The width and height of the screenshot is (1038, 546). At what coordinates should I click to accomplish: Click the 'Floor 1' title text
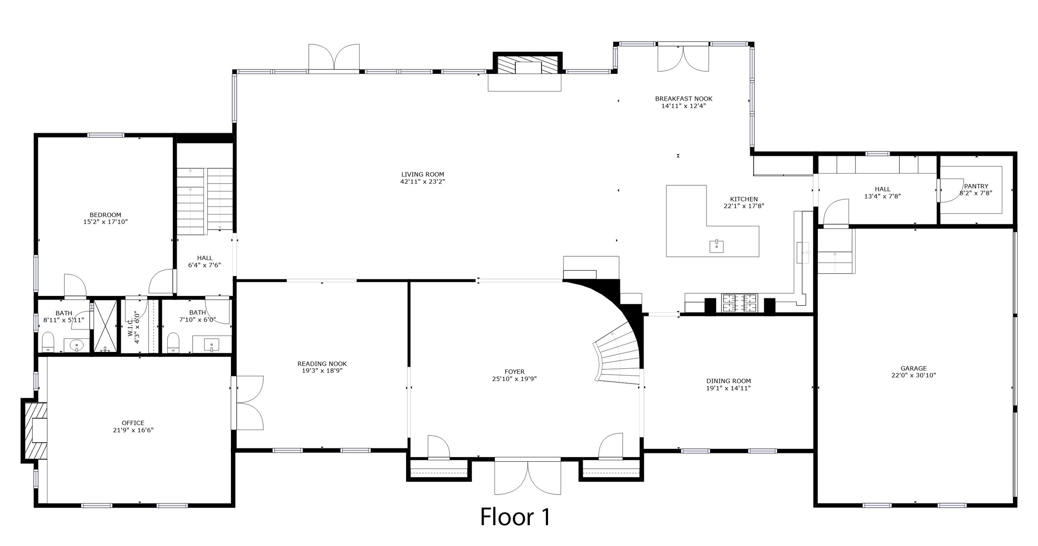[515, 517]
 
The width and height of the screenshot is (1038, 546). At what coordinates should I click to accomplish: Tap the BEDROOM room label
[105, 215]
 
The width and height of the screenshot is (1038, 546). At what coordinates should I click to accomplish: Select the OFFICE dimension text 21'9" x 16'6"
[133, 430]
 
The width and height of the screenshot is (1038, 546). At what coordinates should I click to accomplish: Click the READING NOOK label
[322, 364]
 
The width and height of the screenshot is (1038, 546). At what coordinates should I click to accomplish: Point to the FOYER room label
[515, 371]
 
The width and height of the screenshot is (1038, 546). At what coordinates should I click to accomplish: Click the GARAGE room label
[914, 368]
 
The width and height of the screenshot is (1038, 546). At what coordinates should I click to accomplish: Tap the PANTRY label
[976, 186]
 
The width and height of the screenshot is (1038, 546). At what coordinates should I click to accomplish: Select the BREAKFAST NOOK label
[684, 98]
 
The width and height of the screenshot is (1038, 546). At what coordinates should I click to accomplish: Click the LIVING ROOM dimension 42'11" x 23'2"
[423, 182]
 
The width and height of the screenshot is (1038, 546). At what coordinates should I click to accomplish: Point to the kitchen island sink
[717, 246]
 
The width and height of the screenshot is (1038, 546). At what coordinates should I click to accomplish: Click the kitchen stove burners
[739, 303]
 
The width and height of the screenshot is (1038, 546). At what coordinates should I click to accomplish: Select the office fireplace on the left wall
[34, 430]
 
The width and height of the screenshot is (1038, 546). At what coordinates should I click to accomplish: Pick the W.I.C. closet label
[134, 327]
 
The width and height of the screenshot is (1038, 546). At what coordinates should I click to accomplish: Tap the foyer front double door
[527, 482]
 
